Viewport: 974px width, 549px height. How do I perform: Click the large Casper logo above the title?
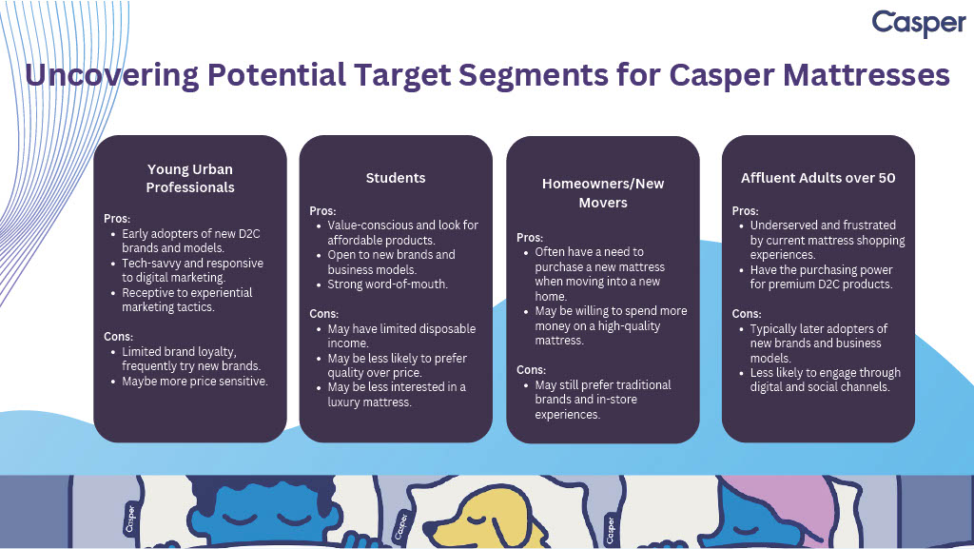click(x=919, y=24)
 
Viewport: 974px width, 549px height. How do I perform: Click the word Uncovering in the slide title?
click(x=112, y=75)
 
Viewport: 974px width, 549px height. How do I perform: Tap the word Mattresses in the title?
click(x=866, y=74)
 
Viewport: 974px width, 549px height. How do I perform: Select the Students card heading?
click(x=396, y=178)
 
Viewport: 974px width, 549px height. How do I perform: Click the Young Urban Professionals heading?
click(x=190, y=178)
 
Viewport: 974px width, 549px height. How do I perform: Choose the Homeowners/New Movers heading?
click(x=602, y=193)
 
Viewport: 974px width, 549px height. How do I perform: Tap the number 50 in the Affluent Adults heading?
click(x=886, y=178)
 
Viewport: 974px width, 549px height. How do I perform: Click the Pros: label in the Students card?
click(x=322, y=211)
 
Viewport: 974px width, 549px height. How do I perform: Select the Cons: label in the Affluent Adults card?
click(x=746, y=314)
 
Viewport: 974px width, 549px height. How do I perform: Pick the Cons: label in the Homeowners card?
click(x=531, y=370)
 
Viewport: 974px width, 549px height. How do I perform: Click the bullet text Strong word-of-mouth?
click(x=388, y=284)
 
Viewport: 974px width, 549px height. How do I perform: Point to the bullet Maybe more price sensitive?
click(x=195, y=382)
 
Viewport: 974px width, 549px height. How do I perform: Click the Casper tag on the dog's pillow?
click(x=402, y=527)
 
